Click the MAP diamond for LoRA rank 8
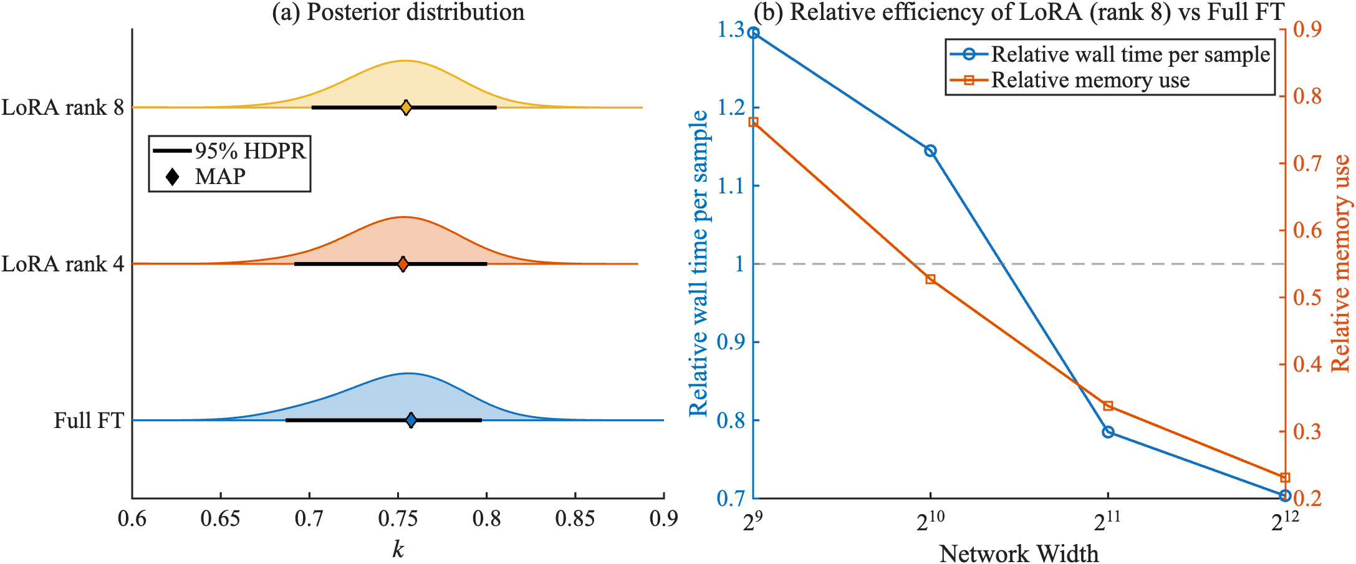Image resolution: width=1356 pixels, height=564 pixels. [x=406, y=108]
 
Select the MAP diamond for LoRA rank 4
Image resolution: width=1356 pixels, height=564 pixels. [x=403, y=264]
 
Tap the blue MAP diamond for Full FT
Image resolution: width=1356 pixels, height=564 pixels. [x=410, y=421]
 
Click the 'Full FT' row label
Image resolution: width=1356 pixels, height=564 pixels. [x=89, y=421]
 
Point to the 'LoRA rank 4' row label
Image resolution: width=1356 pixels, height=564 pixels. [x=62, y=264]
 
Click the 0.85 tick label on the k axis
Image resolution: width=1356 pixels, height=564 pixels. [x=575, y=519]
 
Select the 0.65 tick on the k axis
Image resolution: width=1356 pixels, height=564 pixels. [x=220, y=519]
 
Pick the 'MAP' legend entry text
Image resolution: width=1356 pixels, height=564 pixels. [x=220, y=177]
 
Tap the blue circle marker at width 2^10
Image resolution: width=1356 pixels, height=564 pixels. [x=930, y=151]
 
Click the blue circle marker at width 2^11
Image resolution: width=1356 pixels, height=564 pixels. [x=1108, y=432]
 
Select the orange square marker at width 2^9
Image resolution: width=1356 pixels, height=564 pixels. [x=753, y=122]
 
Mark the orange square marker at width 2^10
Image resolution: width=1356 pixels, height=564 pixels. [x=930, y=279]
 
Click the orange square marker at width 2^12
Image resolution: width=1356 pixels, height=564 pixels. [x=1284, y=478]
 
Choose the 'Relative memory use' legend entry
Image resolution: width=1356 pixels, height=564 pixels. [x=1090, y=80]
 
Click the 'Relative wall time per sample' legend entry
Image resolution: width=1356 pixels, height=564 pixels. [x=1130, y=55]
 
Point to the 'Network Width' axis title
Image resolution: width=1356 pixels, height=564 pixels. [x=1019, y=553]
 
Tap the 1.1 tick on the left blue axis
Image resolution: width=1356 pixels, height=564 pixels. [x=731, y=186]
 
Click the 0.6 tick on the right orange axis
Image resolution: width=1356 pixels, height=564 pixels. [x=1307, y=230]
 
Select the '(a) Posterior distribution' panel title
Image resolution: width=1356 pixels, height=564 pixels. [x=398, y=12]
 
